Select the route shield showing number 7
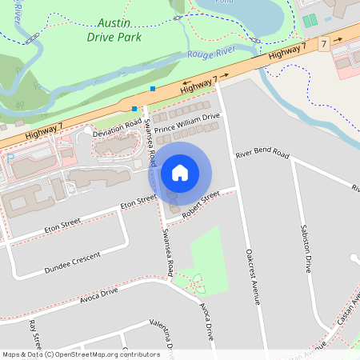323,42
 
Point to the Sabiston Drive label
305,247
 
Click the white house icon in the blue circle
180,172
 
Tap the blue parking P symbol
10,158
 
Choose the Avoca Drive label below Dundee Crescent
99,294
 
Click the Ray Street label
34,335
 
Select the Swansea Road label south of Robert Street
168,250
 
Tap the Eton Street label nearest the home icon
138,203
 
